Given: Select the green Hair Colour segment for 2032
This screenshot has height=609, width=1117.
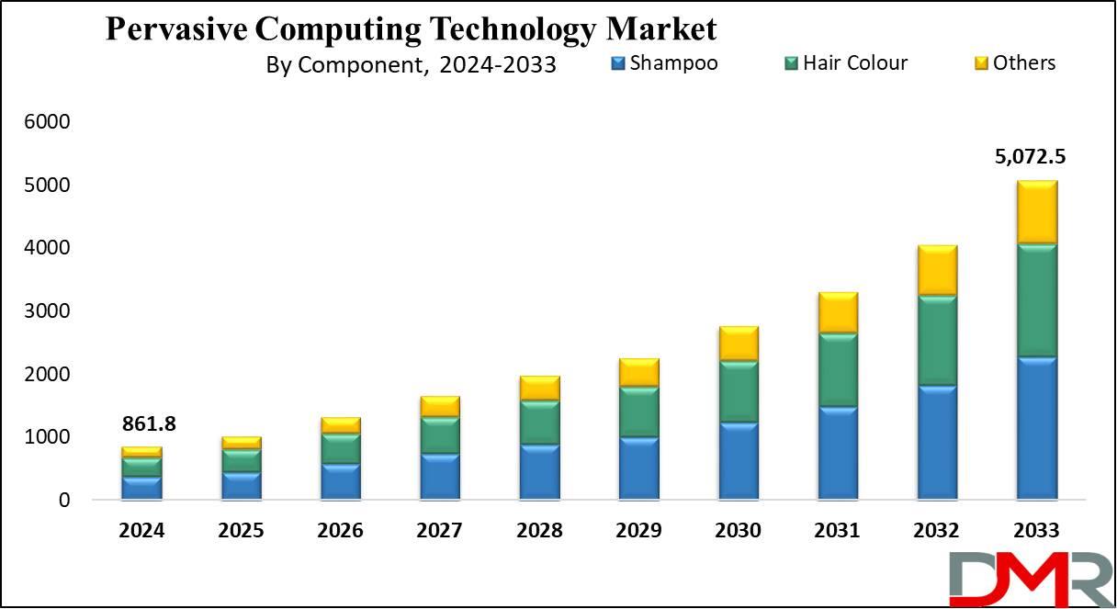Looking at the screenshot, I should coord(936,340).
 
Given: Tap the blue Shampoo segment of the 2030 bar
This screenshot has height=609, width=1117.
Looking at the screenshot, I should coord(739,461).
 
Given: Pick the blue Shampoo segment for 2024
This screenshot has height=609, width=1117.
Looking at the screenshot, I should coord(141,488).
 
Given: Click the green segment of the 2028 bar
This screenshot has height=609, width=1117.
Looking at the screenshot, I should coord(540,423).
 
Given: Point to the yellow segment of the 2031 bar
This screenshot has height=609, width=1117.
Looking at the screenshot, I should coord(838,313).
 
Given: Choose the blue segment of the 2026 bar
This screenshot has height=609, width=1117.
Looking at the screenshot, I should coord(341,482).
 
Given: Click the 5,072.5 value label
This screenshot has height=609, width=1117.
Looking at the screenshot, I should coord(1030,156).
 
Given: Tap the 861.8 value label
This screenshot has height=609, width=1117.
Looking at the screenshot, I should coord(148,424).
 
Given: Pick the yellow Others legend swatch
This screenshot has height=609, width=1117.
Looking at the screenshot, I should coord(981,63).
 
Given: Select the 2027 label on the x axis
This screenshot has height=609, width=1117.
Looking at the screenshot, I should coord(440,530).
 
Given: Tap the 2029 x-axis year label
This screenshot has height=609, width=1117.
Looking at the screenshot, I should coord(639,530).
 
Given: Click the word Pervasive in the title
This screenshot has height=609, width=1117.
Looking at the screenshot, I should coord(175,28).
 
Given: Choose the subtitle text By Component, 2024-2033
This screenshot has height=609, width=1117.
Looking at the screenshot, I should coord(411,65).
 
